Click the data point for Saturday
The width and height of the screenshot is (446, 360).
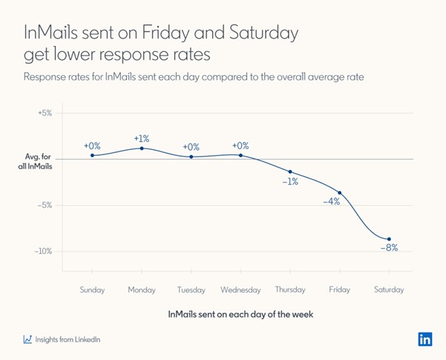click(x=389, y=239)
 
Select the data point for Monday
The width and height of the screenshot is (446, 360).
click(x=142, y=148)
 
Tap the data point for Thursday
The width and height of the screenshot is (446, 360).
click(x=290, y=171)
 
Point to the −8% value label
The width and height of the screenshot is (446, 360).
click(x=389, y=248)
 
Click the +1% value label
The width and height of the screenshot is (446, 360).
click(x=142, y=138)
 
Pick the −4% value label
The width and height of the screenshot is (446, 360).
click(x=331, y=201)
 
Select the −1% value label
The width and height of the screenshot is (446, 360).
click(x=289, y=181)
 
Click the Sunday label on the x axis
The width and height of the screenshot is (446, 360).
click(x=92, y=289)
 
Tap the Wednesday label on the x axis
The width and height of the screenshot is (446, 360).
click(x=240, y=289)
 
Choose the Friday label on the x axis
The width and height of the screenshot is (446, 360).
click(x=340, y=289)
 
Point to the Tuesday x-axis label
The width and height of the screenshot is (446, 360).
click(x=191, y=289)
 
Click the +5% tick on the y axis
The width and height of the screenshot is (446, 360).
click(x=45, y=114)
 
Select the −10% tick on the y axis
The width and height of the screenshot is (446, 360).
click(x=44, y=251)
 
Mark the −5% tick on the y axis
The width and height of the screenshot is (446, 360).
click(x=45, y=206)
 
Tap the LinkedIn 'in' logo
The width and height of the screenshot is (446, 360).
click(x=424, y=338)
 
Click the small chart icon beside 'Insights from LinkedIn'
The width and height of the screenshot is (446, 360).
click(x=27, y=339)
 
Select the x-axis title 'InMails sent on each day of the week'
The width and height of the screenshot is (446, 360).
click(x=240, y=314)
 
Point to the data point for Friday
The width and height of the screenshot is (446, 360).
click(x=340, y=193)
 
